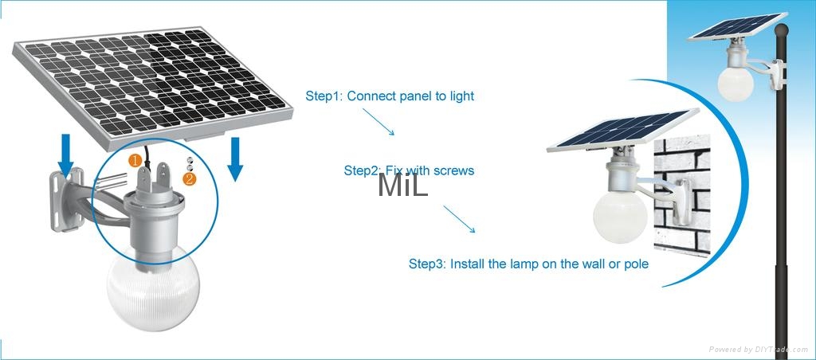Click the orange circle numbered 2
click(x=190, y=179)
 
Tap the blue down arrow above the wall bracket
click(x=66, y=155)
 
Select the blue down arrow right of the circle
click(x=235, y=158)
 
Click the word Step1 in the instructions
click(x=322, y=96)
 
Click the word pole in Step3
click(x=636, y=264)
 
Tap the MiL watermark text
click(x=403, y=185)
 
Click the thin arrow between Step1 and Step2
click(x=379, y=122)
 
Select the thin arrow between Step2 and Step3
click(x=459, y=219)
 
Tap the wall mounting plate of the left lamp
click(x=67, y=199)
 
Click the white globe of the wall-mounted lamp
click(x=620, y=215)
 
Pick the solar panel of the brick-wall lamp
click(x=622, y=130)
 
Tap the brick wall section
click(x=682, y=195)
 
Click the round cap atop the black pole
click(x=781, y=31)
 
